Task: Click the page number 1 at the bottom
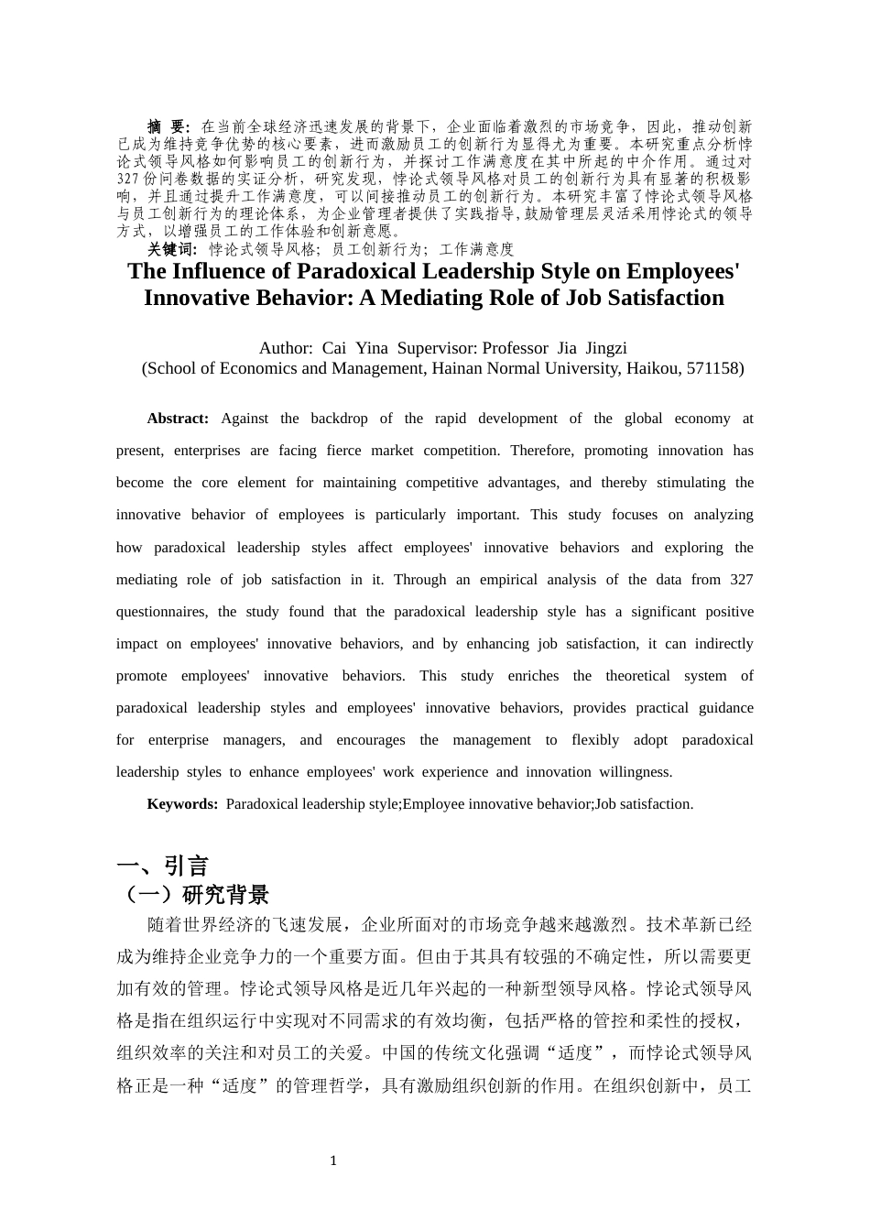coord(333,1160)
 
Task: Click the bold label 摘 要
coord(168,126)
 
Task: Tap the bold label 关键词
coord(172,249)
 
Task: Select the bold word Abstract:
coord(178,419)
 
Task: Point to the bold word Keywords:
coord(182,804)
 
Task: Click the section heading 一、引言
coord(163,866)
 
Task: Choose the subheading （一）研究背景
coord(194,895)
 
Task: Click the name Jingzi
coord(606,348)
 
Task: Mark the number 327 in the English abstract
coord(741,580)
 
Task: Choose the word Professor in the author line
coord(515,348)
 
